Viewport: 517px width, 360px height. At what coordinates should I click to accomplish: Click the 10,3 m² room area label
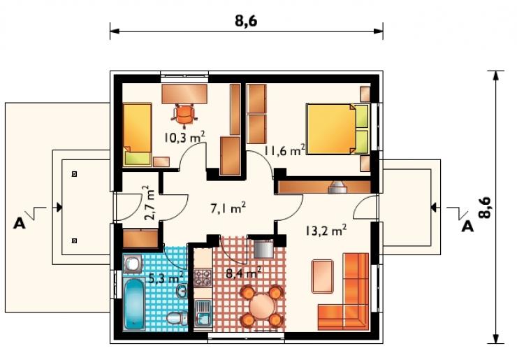pyautogui.click(x=184, y=137)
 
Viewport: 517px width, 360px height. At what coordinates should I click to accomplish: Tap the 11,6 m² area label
pyautogui.click(x=284, y=150)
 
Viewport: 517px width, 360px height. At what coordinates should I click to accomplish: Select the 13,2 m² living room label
pyautogui.click(x=326, y=230)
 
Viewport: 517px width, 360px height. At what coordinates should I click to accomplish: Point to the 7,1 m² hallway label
pyautogui.click(x=228, y=208)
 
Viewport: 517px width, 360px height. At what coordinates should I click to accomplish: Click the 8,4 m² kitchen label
pyautogui.click(x=244, y=273)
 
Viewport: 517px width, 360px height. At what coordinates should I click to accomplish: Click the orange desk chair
pyautogui.click(x=184, y=115)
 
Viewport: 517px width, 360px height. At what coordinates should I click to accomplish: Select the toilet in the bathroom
pyautogui.click(x=177, y=318)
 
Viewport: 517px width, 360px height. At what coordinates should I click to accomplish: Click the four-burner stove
pyautogui.click(x=203, y=278)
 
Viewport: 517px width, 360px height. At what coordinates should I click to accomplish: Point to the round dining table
pyautogui.click(x=262, y=306)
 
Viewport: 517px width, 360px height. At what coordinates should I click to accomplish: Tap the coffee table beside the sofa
pyautogui.click(x=323, y=276)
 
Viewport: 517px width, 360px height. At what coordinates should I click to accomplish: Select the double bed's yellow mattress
pyautogui.click(x=330, y=129)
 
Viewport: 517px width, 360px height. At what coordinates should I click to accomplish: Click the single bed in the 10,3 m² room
pyautogui.click(x=137, y=135)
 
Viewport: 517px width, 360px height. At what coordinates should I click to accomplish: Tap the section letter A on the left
pyautogui.click(x=20, y=224)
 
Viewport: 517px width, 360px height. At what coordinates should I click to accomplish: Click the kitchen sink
pyautogui.click(x=203, y=313)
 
